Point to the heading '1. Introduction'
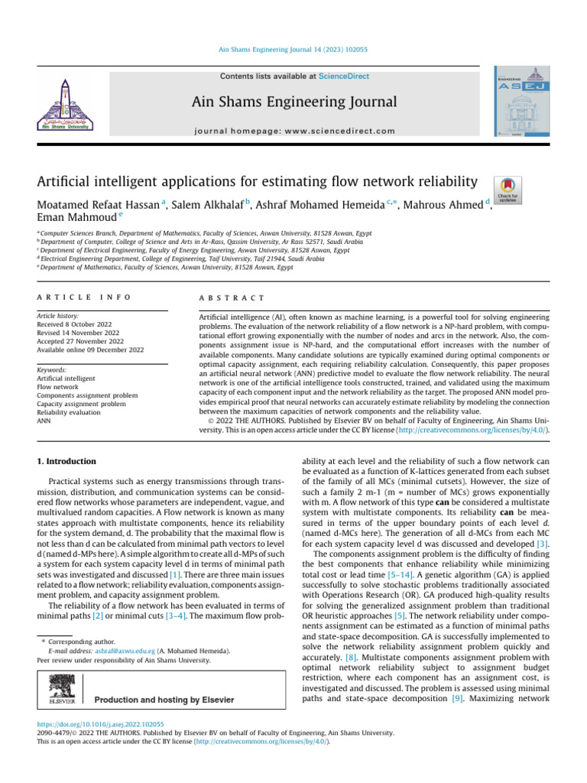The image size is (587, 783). click(67, 462)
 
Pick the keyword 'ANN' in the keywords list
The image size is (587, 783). click(45, 421)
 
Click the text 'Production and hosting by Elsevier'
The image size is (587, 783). click(164, 678)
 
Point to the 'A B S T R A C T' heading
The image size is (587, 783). click(231, 297)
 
